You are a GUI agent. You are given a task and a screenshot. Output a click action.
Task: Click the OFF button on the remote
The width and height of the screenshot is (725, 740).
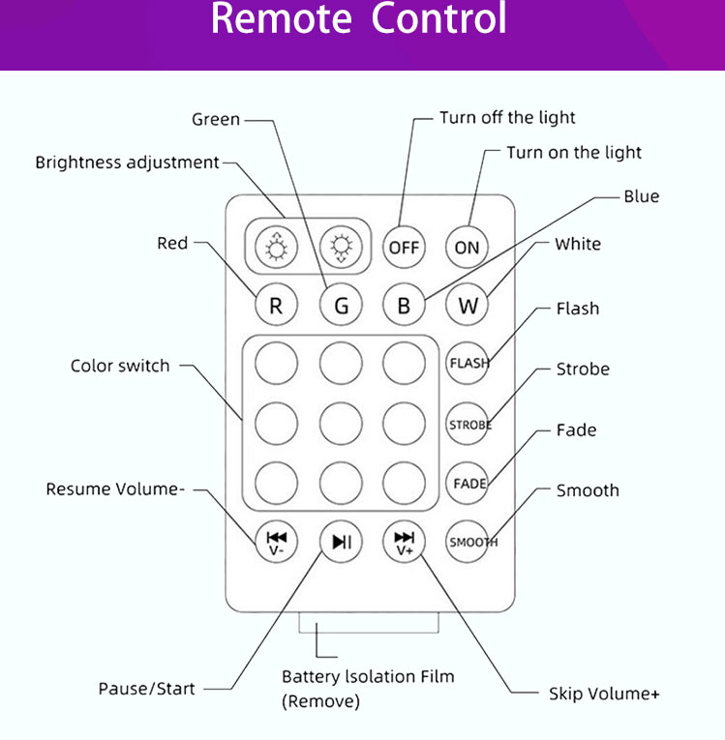(404, 247)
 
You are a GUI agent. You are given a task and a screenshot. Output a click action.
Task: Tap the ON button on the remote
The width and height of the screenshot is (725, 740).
(467, 247)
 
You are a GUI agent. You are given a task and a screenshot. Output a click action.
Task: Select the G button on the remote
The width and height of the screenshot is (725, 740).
(341, 307)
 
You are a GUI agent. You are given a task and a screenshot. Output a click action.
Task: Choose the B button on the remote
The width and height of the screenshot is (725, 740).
(404, 307)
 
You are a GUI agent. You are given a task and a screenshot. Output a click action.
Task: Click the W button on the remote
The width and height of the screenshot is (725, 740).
(468, 307)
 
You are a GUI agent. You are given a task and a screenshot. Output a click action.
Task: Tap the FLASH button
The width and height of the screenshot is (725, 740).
(468, 364)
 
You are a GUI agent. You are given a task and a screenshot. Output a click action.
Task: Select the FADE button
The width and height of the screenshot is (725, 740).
(468, 483)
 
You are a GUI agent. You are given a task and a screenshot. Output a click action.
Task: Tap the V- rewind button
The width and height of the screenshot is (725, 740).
(277, 542)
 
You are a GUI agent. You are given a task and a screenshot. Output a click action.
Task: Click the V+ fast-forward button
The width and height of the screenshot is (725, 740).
(404, 542)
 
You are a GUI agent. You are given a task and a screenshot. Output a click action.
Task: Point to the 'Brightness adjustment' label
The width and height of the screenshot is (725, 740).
(128, 163)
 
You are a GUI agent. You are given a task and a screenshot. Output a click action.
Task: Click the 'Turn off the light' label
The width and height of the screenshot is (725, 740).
(507, 118)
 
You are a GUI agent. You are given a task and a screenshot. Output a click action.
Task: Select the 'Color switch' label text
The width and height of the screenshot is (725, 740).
(120, 366)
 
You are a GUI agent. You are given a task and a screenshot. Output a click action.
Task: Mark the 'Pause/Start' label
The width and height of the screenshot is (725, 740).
(146, 689)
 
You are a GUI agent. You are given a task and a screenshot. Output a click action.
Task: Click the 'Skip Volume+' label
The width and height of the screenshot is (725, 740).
(604, 694)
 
